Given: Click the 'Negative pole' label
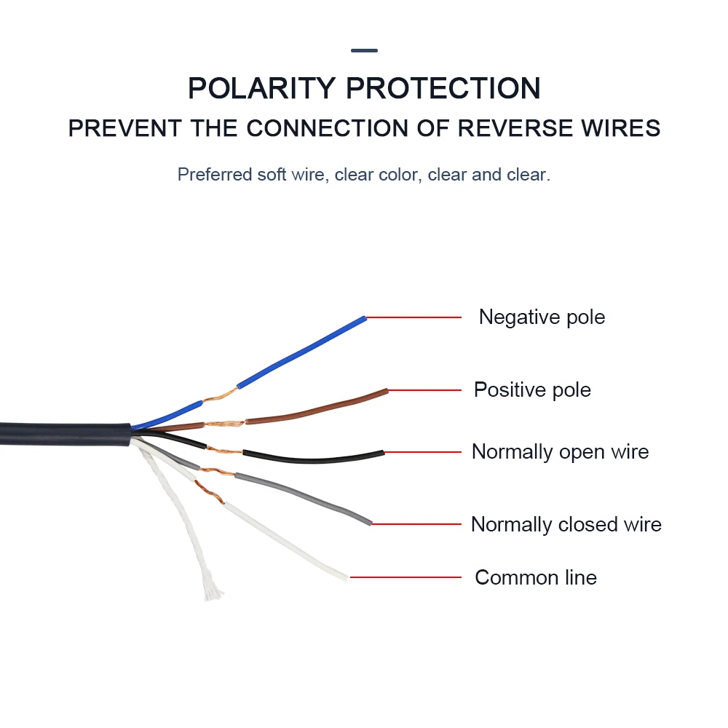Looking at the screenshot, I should click(x=542, y=317).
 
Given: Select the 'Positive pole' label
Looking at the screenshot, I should click(x=532, y=390).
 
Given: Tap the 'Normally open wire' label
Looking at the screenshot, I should click(x=560, y=452).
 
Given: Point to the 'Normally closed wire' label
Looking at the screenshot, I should click(x=566, y=525).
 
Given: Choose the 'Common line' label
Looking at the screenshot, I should click(x=536, y=578).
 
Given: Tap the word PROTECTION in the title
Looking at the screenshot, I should click(x=443, y=88).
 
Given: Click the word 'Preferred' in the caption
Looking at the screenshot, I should click(x=215, y=175).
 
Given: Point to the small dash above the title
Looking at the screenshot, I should click(x=364, y=51).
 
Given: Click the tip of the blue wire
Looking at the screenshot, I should click(x=363, y=318).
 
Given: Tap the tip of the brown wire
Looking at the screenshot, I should click(x=385, y=392).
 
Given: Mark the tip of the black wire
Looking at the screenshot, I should click(x=381, y=453).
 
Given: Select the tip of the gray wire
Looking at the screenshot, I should click(x=369, y=522).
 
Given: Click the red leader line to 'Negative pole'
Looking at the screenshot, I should click(x=414, y=318).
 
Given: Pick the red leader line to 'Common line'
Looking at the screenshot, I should click(x=405, y=578).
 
